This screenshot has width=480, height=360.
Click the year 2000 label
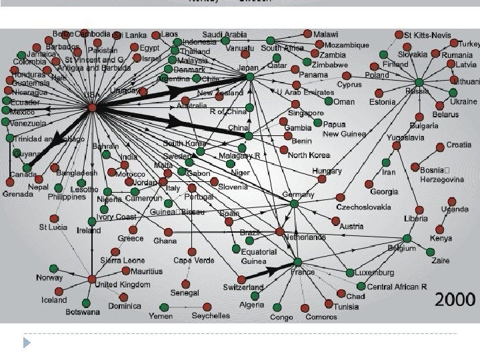456,299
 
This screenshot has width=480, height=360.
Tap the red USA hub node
93,107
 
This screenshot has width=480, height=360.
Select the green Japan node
249,77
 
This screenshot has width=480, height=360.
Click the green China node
248,136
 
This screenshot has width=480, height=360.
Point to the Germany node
295,205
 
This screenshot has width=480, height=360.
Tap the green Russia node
417,81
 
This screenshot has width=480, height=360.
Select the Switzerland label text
243,287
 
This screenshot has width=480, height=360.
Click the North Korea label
309,155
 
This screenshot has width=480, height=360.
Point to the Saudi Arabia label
225,35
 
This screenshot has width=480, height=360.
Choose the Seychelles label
210,315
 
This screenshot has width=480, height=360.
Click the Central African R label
397,287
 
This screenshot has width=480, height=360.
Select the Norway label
49,277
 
